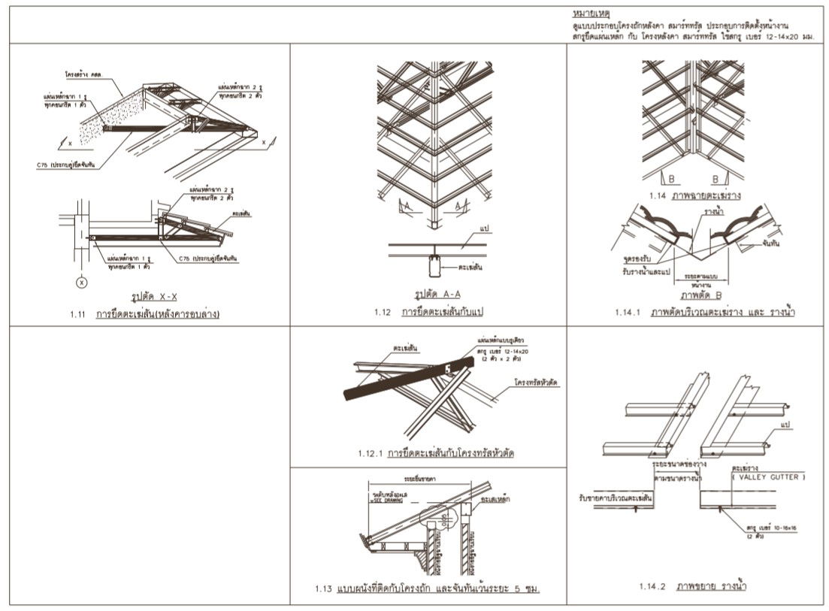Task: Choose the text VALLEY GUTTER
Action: pos(767,476)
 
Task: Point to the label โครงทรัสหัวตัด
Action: pos(536,383)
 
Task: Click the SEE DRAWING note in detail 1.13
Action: pos(386,502)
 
